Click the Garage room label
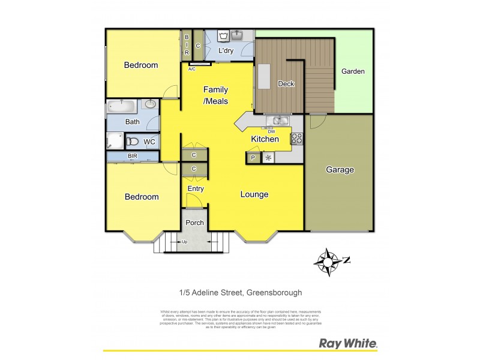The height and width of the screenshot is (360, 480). pos(340,170)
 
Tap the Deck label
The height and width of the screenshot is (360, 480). pos(286,84)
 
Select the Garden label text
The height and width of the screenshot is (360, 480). pos(353,71)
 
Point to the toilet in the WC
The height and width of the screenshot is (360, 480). pos(133,142)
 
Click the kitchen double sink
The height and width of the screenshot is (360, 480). pos(277,121)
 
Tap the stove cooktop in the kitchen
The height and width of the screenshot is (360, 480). pos(296,138)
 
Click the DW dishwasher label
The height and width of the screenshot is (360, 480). pos(271,131)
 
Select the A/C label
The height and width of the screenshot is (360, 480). pos(192,69)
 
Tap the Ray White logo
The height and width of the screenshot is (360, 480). pos(347,344)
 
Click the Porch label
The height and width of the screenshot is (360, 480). pos(194,223)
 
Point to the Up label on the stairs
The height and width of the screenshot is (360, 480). pos(184,242)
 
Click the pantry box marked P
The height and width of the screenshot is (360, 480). pos(253,158)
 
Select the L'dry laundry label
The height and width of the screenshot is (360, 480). pos(226,50)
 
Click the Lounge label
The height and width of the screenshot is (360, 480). pos(254,194)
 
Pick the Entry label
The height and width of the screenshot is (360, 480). pos(196,189)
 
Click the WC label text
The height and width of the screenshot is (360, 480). pos(150,142)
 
